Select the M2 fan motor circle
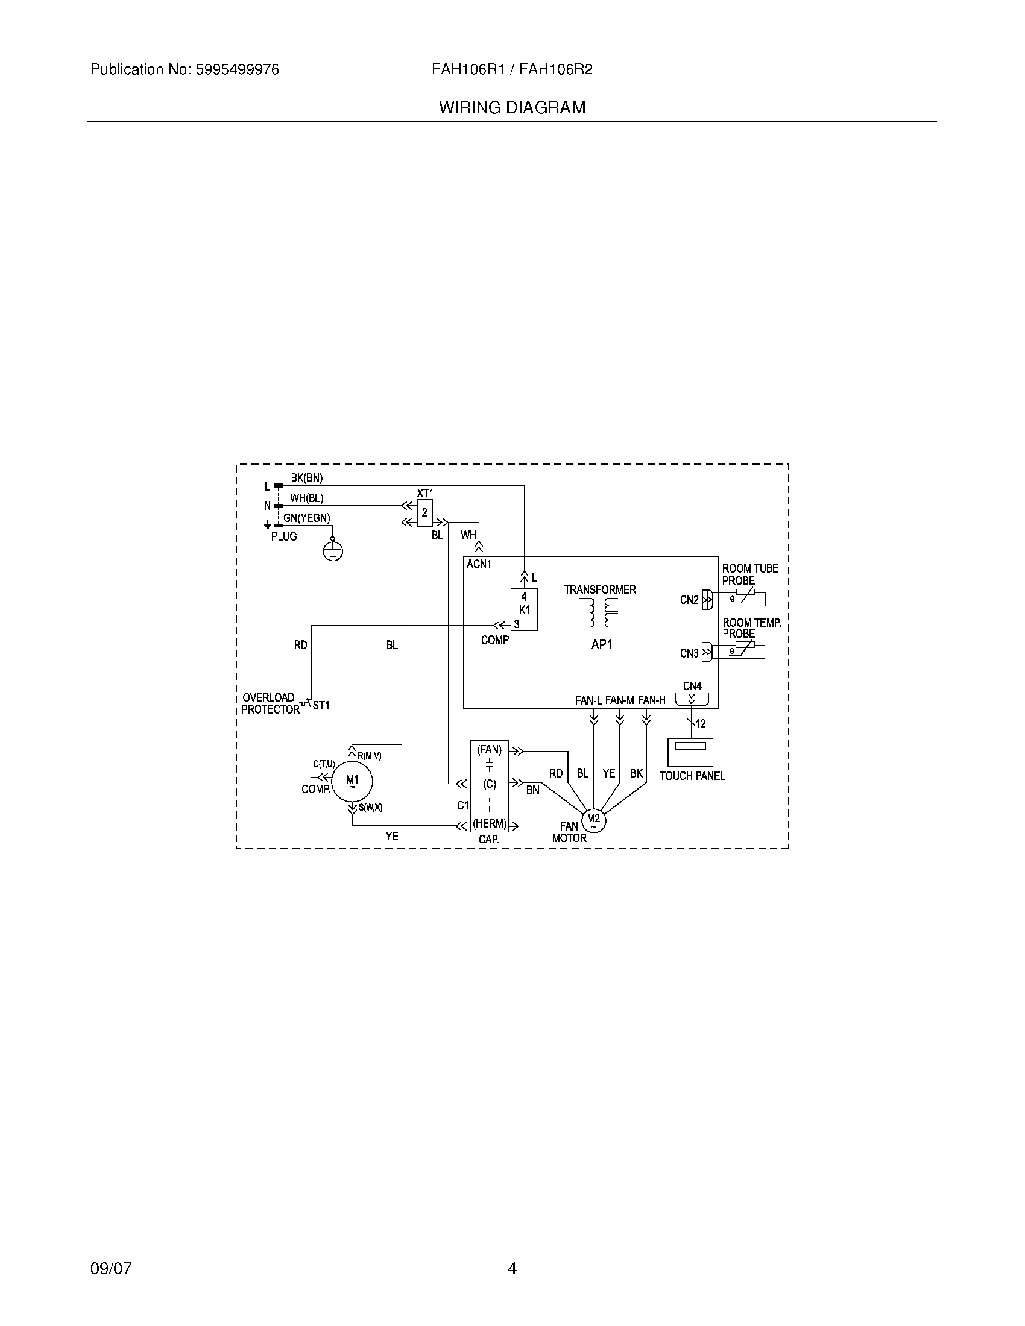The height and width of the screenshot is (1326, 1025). [x=593, y=822]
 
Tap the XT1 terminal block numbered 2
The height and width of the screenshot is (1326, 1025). [x=424, y=512]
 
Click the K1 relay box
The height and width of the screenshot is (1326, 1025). [x=524, y=609]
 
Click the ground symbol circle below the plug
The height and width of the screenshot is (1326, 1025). [x=333, y=551]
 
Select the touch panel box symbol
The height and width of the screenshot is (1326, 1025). [x=690, y=752]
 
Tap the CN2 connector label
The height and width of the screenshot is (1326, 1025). [x=689, y=600]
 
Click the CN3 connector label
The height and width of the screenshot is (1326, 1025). [x=689, y=653]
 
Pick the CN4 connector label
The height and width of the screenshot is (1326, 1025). [x=692, y=686]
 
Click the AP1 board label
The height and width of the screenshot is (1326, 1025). [x=601, y=645]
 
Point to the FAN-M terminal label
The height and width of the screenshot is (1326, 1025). [x=619, y=700]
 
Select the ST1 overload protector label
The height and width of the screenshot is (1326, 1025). [x=321, y=706]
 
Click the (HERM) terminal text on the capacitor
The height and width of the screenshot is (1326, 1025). [x=490, y=825]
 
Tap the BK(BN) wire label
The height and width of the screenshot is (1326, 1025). [x=307, y=478]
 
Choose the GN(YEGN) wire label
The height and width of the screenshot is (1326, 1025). [x=307, y=518]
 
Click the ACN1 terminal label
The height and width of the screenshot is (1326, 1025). [x=479, y=564]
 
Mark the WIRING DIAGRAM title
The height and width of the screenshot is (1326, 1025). [x=512, y=108]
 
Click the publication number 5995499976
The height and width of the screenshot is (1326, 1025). [x=238, y=70]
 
